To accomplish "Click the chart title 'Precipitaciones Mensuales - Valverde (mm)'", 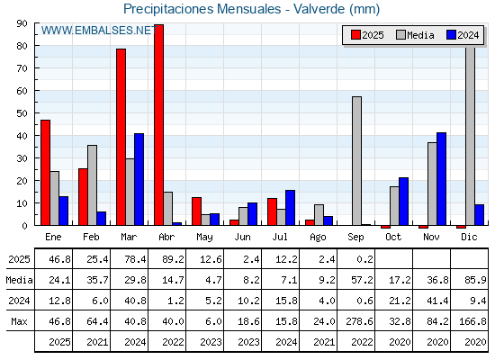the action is tap(251, 9).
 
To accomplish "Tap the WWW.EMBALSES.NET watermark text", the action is tap(99, 31).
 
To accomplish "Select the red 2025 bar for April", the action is tap(158, 125).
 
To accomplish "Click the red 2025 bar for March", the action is tap(121, 137).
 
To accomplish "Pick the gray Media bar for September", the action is tap(356, 161).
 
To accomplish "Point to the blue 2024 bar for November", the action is tap(441, 179).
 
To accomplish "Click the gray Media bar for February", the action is tap(92, 185).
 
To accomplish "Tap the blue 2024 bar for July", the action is tap(290, 208).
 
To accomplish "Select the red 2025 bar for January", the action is tap(45, 173).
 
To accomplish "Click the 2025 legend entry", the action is tap(368, 35).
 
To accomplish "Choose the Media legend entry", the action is tap(415, 35).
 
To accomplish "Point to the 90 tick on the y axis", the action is tap(22, 23).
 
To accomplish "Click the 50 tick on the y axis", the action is tap(22, 113).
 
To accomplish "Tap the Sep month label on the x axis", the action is tap(355, 238).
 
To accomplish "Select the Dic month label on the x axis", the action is tap(469, 237).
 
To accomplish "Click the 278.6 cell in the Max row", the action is tap(359, 321).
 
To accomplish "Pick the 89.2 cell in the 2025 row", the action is tap(173, 259).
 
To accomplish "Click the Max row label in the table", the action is tap(19, 321).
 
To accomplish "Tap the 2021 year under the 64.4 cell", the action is tap(97, 342).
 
